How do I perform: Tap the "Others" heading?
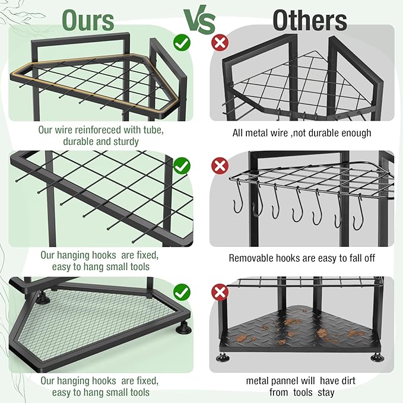pyautogui.click(x=309, y=20)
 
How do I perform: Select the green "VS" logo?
pyautogui.click(x=199, y=20)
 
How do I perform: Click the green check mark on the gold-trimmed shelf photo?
pyautogui.click(x=182, y=43)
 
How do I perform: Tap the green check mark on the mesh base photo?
pyautogui.click(x=182, y=292)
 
